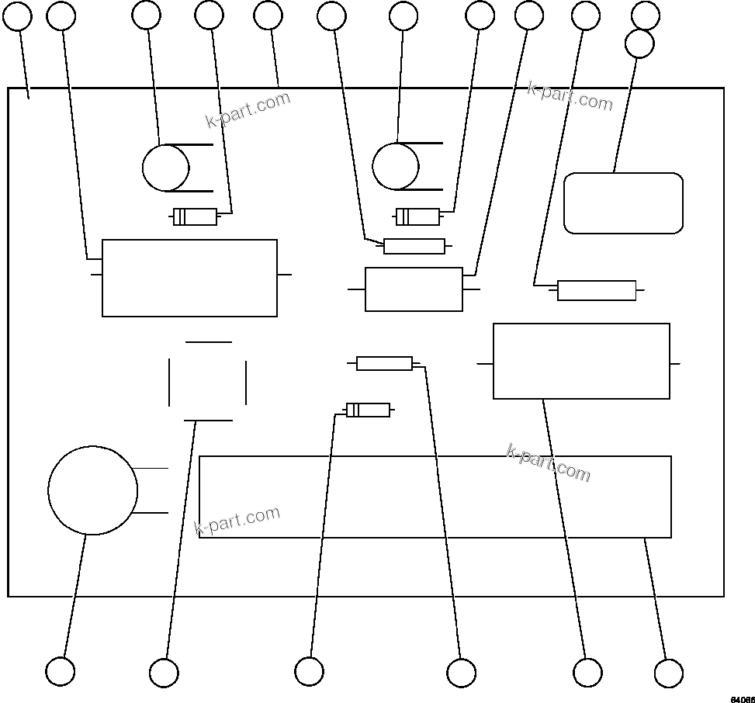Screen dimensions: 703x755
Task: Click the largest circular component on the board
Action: coord(92,490)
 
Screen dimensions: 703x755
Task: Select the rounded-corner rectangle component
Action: coord(623,203)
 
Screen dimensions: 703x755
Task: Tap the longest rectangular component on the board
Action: coord(435,497)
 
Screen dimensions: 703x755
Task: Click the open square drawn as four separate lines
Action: coord(208,381)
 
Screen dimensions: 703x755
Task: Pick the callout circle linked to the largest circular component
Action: coord(61,671)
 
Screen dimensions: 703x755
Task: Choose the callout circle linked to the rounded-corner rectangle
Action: coord(639,43)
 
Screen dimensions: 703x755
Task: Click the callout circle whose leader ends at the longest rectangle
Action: coord(669,673)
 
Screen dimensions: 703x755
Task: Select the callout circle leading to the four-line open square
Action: coord(164,673)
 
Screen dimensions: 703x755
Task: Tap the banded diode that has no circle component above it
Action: coord(368,410)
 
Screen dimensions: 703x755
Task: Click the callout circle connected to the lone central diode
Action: coord(309,671)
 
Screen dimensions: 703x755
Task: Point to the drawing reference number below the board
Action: coord(742,699)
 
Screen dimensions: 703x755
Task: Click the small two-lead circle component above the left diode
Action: coord(165,168)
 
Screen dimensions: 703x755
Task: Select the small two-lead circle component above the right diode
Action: coord(395,166)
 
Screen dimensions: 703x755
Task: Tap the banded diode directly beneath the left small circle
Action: coord(195,216)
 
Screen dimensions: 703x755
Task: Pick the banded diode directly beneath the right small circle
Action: coord(417,216)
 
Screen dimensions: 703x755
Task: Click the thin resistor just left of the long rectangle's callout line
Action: coord(384,363)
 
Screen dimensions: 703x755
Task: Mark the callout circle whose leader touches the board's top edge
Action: coord(268,16)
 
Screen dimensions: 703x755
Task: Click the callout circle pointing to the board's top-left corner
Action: coord(18,16)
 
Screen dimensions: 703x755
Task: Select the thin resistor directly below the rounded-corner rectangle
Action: coord(596,290)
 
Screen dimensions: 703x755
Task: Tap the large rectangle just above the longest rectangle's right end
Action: coord(581,361)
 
